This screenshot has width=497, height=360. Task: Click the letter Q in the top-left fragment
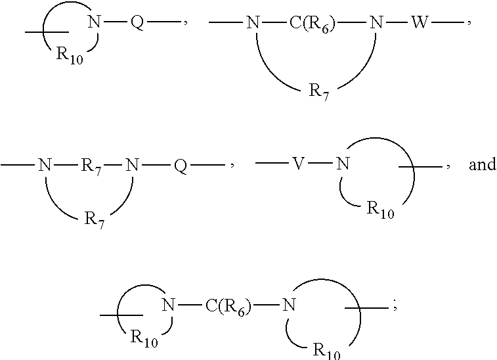tap(137, 22)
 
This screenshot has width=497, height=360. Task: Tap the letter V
tap(299, 164)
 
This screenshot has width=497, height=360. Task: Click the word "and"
tap(482, 164)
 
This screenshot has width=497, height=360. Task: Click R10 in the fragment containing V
tap(380, 210)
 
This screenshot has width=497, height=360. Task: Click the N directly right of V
tap(342, 164)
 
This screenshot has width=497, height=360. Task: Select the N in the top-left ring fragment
tap(94, 22)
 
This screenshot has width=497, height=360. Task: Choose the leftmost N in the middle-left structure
tap(45, 165)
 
